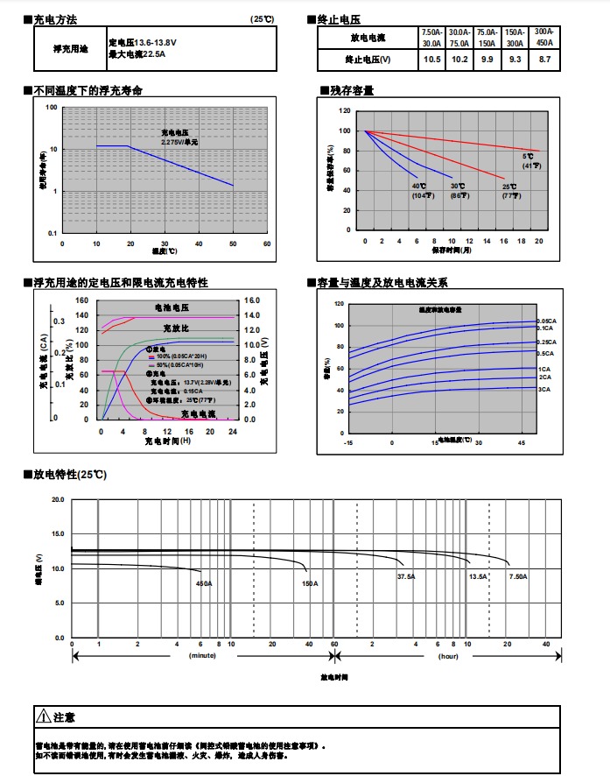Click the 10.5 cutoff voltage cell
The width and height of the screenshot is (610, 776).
[431, 60]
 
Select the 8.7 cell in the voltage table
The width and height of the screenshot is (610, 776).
[544, 60]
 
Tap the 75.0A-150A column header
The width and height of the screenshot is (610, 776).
[487, 37]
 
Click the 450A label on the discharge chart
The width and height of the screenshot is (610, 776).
[204, 583]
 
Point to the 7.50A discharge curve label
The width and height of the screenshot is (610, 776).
[518, 577]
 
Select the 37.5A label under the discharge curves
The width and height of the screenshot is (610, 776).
[406, 577]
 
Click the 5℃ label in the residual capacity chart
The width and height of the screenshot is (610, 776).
[528, 157]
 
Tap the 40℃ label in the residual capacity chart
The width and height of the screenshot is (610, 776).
[419, 186]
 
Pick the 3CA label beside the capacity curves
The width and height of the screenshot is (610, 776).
[543, 389]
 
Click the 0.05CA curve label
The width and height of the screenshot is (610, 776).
[545, 321]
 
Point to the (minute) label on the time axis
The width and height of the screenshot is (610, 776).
[202, 655]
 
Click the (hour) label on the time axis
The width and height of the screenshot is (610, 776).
[449, 655]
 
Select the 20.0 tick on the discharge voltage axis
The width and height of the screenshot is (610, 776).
[58, 499]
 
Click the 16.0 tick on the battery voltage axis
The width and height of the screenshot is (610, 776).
[251, 300]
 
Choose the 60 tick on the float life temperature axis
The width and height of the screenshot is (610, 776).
[267, 243]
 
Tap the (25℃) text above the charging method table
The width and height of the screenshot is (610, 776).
[263, 19]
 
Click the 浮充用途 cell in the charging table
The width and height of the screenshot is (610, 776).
[71, 48]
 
